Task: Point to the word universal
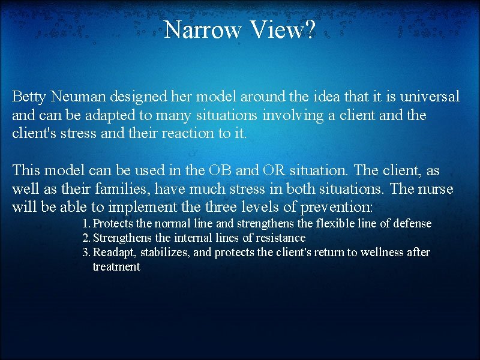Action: coord(427,96)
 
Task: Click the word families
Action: coord(122,190)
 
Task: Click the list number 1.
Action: coord(85,224)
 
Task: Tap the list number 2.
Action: coord(85,238)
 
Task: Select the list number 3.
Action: coord(85,253)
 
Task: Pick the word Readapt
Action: coord(114,253)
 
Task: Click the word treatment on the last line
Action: coord(116,267)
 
